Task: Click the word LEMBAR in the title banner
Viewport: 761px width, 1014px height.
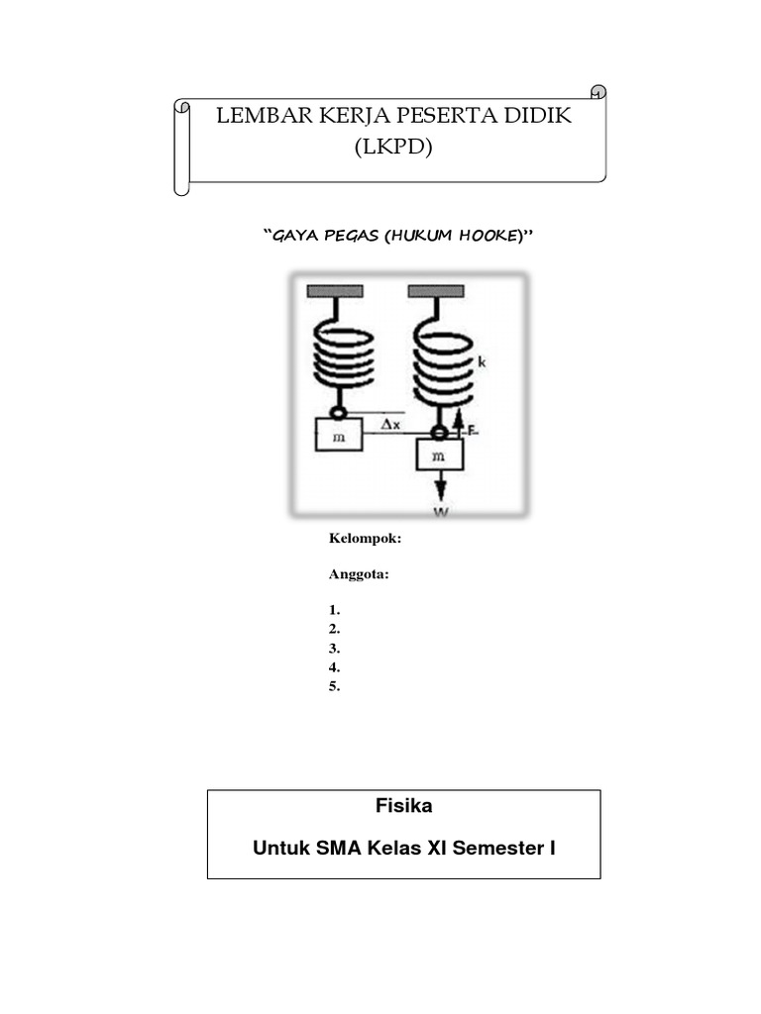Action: click(262, 116)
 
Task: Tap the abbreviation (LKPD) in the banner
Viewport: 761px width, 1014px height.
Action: click(393, 149)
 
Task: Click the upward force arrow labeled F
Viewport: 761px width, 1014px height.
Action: click(459, 424)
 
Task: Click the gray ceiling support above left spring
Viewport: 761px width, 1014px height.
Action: click(335, 291)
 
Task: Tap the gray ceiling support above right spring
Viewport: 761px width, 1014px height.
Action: click(435, 291)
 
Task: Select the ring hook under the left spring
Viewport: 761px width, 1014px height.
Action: click(338, 410)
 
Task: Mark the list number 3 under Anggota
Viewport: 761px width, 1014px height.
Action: click(335, 649)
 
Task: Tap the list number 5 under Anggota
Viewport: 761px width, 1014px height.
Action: click(335, 686)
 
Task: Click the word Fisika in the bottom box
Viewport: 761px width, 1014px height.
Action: click(403, 806)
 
